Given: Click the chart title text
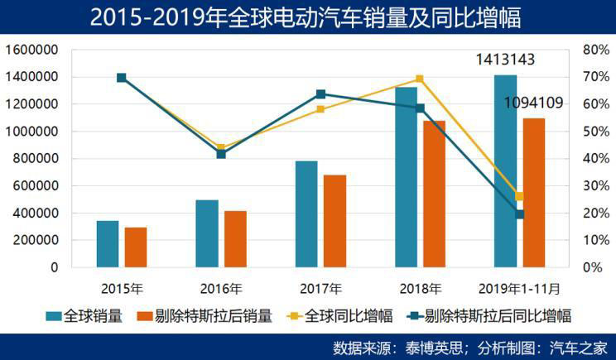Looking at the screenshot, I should coord(307,17).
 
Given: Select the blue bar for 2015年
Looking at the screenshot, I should coord(108,244).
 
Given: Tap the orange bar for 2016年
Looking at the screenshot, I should coord(235,239).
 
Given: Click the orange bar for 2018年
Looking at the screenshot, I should coord(434,194).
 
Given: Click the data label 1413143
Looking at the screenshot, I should coord(504,60).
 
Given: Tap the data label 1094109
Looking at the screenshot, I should coord(534,103).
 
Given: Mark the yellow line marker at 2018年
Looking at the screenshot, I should coord(420,79).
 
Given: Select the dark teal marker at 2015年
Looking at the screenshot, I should coord(122,78).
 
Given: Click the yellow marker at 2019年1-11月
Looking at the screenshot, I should coord(519,196).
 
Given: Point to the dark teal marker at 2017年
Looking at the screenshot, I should coord(320,94).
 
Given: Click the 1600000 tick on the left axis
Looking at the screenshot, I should coord(31,50).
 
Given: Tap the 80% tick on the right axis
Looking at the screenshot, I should coord(596,50).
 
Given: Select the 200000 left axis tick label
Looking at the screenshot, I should coord(34,240).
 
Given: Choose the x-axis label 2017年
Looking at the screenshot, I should coord(320,289).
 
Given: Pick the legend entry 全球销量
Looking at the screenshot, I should coord(83,315).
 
